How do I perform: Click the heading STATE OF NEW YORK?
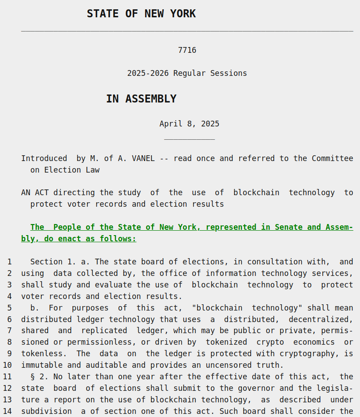tap(141, 14)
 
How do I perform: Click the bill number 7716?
tap(187, 50)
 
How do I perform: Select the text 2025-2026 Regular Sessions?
tap(187, 73)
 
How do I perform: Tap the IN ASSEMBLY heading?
tap(141, 99)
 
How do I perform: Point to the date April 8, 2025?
tap(189, 124)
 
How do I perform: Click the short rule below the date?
tap(189, 140)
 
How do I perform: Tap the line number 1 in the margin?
tap(9, 262)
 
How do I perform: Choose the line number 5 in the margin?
tap(9, 308)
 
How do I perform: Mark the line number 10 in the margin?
tap(8, 365)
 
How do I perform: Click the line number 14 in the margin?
tap(8, 411)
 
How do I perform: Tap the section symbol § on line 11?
tap(32, 377)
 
